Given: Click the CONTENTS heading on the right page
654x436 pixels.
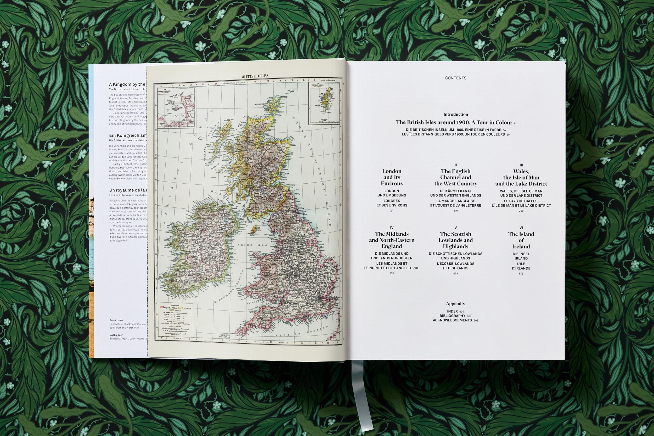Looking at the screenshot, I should coord(455,78).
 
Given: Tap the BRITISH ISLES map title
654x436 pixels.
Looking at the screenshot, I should coord(254,76).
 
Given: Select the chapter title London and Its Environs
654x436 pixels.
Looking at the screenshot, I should coord(392,177).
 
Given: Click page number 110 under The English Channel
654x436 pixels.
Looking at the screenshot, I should coord(455,211).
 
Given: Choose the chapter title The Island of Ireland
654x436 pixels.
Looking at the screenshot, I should coord(521,240).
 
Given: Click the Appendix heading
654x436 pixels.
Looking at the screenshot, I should coord(455,304).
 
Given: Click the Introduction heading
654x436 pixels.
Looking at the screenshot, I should coord(455,114).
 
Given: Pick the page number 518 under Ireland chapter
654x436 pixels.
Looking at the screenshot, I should coord(521,274).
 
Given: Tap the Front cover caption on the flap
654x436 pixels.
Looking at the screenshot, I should coord(116,320).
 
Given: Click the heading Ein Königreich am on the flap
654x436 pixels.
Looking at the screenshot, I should coord(128,135).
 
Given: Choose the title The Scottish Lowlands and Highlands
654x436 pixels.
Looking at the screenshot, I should coord(455,240).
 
